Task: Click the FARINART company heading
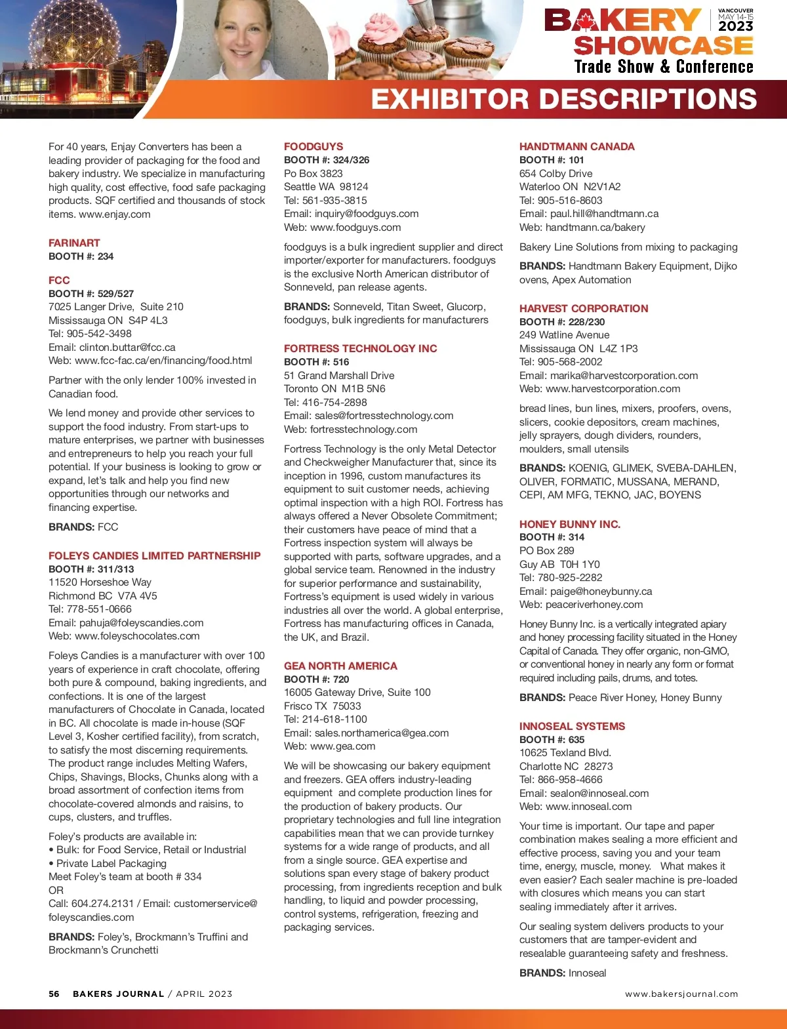[x=74, y=243]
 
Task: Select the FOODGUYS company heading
[x=313, y=146]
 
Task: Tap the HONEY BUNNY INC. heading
[x=569, y=524]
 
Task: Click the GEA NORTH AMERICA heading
[x=340, y=666]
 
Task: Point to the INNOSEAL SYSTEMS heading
[x=572, y=726]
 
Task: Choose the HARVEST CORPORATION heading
[x=584, y=308]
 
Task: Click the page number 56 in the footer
[x=54, y=994]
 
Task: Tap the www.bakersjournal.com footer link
[x=681, y=994]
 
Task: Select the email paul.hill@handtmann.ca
[x=604, y=213]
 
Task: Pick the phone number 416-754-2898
[x=334, y=402]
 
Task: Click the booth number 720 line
[x=317, y=679]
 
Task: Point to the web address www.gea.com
[x=342, y=746]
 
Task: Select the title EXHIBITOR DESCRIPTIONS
[x=564, y=100]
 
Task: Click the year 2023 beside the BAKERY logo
[x=735, y=26]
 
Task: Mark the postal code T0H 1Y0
[x=580, y=564]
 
